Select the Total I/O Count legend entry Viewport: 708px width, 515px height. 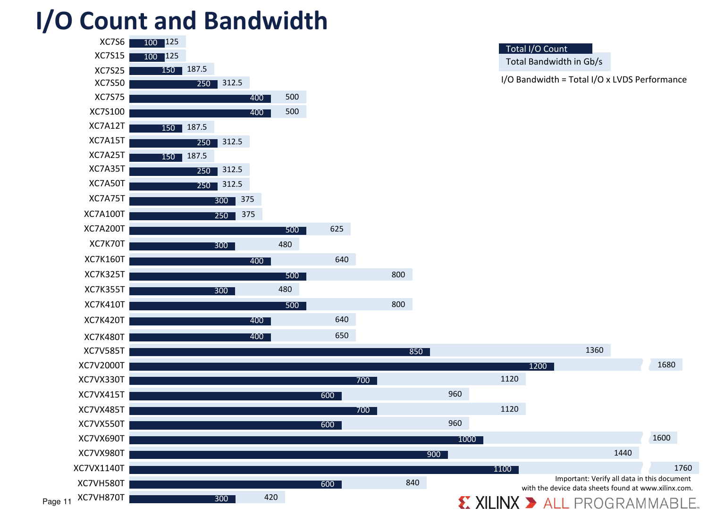536,49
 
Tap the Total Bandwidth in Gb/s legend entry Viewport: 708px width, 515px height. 554,62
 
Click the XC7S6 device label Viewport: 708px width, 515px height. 112,42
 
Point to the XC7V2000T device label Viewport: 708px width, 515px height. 101,365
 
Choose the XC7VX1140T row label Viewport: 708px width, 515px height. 99,468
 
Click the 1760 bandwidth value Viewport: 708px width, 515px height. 683,468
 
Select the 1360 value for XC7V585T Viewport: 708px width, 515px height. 594,350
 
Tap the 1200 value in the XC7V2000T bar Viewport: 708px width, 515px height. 538,366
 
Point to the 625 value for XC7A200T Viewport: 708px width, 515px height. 337,229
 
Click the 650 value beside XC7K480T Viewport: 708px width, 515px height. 342,335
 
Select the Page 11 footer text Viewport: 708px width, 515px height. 57,501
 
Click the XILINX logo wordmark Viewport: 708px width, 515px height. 497,503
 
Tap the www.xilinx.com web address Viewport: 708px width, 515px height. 666,488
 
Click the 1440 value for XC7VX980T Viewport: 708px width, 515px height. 623,453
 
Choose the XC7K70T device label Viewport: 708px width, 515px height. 107,244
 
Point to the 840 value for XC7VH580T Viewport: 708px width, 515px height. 413,482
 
